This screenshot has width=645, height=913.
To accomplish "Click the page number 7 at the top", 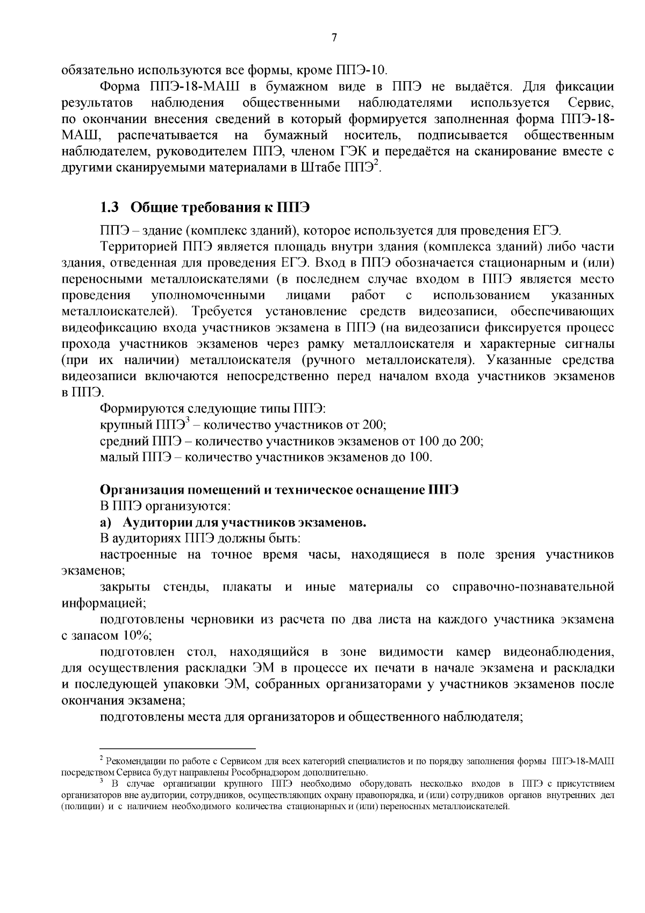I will pyautogui.click(x=334, y=38).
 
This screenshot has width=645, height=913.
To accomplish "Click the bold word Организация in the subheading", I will pyautogui.click(x=140, y=490).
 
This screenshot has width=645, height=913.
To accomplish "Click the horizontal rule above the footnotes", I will pyautogui.click(x=177, y=748).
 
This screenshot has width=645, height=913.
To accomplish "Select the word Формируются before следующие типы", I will pyautogui.click(x=137, y=409).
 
